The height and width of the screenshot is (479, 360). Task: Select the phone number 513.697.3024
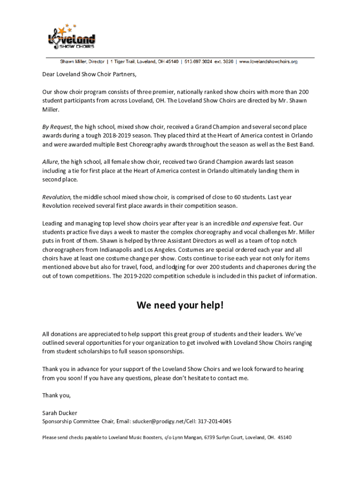[199, 61]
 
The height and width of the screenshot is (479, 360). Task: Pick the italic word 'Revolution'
[56, 197]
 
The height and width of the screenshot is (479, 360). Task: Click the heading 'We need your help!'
[180, 305]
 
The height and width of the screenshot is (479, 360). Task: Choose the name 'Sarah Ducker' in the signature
[59, 413]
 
